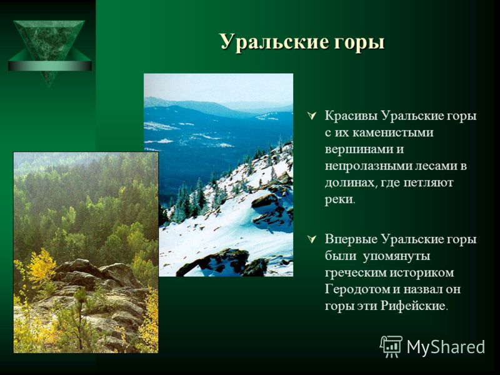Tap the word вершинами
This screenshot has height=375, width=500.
click(x=357, y=149)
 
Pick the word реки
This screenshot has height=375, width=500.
click(x=339, y=200)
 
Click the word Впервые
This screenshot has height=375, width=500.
click(x=351, y=239)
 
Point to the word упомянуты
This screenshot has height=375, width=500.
click(x=396, y=256)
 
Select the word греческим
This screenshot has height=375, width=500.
click(x=356, y=273)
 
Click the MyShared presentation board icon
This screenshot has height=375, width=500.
click(x=392, y=346)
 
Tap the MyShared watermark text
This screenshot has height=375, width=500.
click(x=446, y=347)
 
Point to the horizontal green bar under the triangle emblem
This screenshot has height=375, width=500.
click(x=50, y=66)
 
